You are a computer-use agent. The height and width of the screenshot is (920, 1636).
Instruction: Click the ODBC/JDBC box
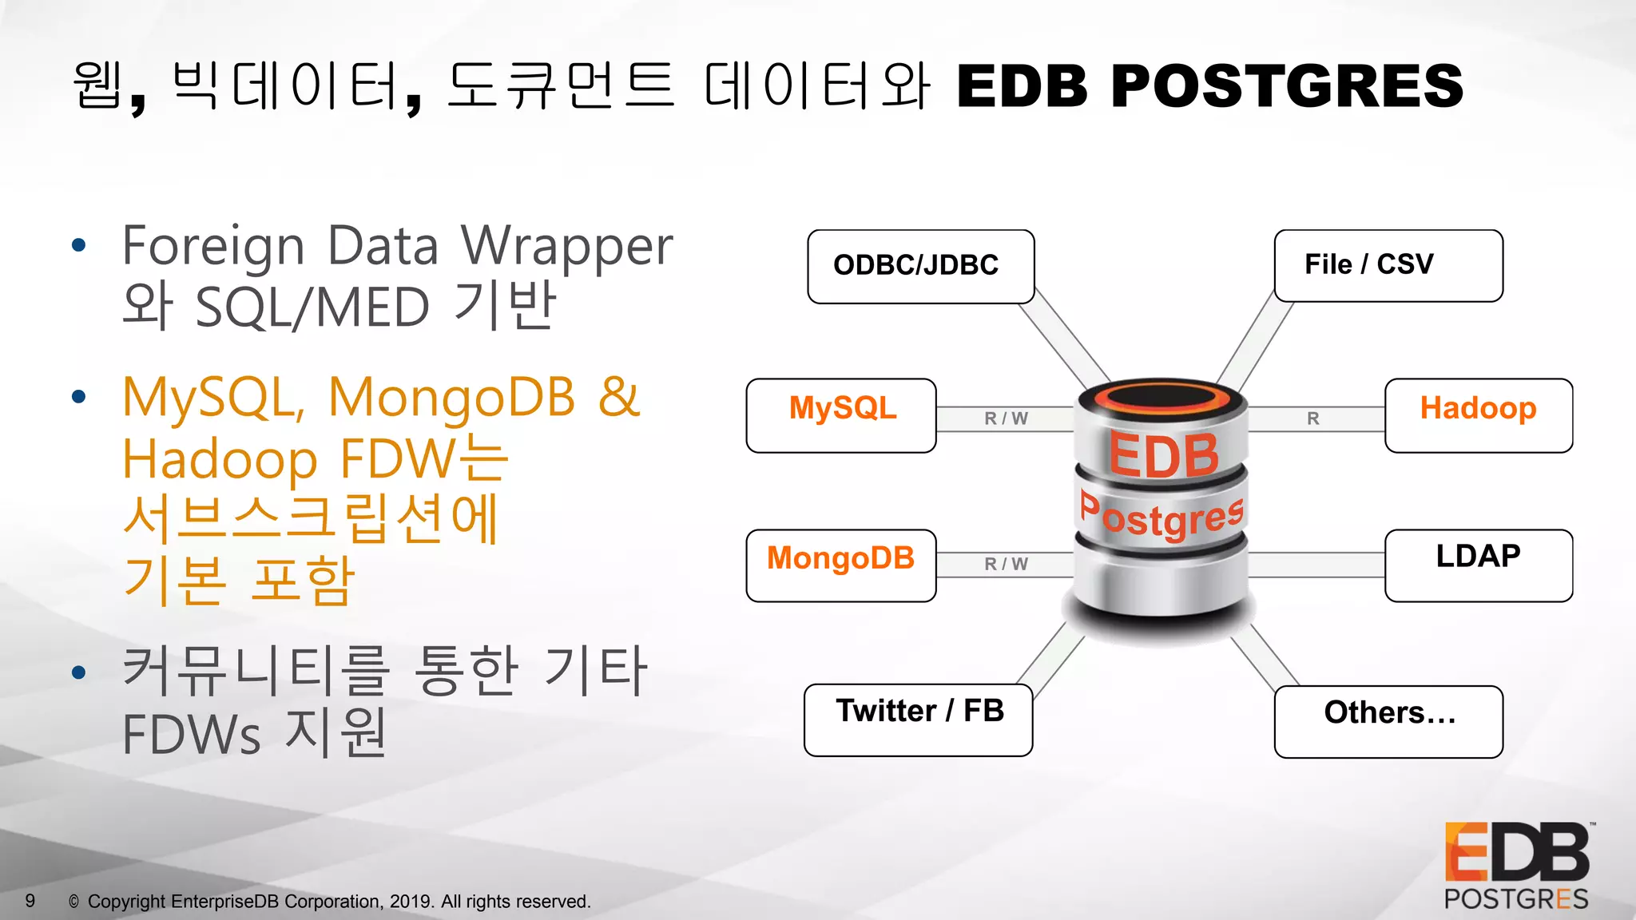coord(920,266)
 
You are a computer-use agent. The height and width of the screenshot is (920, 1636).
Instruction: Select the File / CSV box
coord(1388,265)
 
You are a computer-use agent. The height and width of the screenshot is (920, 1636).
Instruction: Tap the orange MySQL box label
coord(842,408)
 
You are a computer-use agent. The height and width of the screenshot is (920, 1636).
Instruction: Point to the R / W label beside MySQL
coord(1005,418)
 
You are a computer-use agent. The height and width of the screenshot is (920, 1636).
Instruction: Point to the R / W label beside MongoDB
coord(1005,564)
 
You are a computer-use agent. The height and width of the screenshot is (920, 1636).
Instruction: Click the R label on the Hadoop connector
coord(1312,418)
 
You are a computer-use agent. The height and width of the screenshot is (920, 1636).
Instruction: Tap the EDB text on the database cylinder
coord(1163,456)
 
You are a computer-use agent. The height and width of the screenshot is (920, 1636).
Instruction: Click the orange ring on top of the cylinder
coord(1161,396)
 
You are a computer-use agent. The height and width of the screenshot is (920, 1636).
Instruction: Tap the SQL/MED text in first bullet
coord(312,308)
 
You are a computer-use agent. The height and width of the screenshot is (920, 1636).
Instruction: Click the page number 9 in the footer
coord(30,901)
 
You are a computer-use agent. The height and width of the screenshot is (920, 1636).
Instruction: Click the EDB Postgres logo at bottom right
coord(1515,866)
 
